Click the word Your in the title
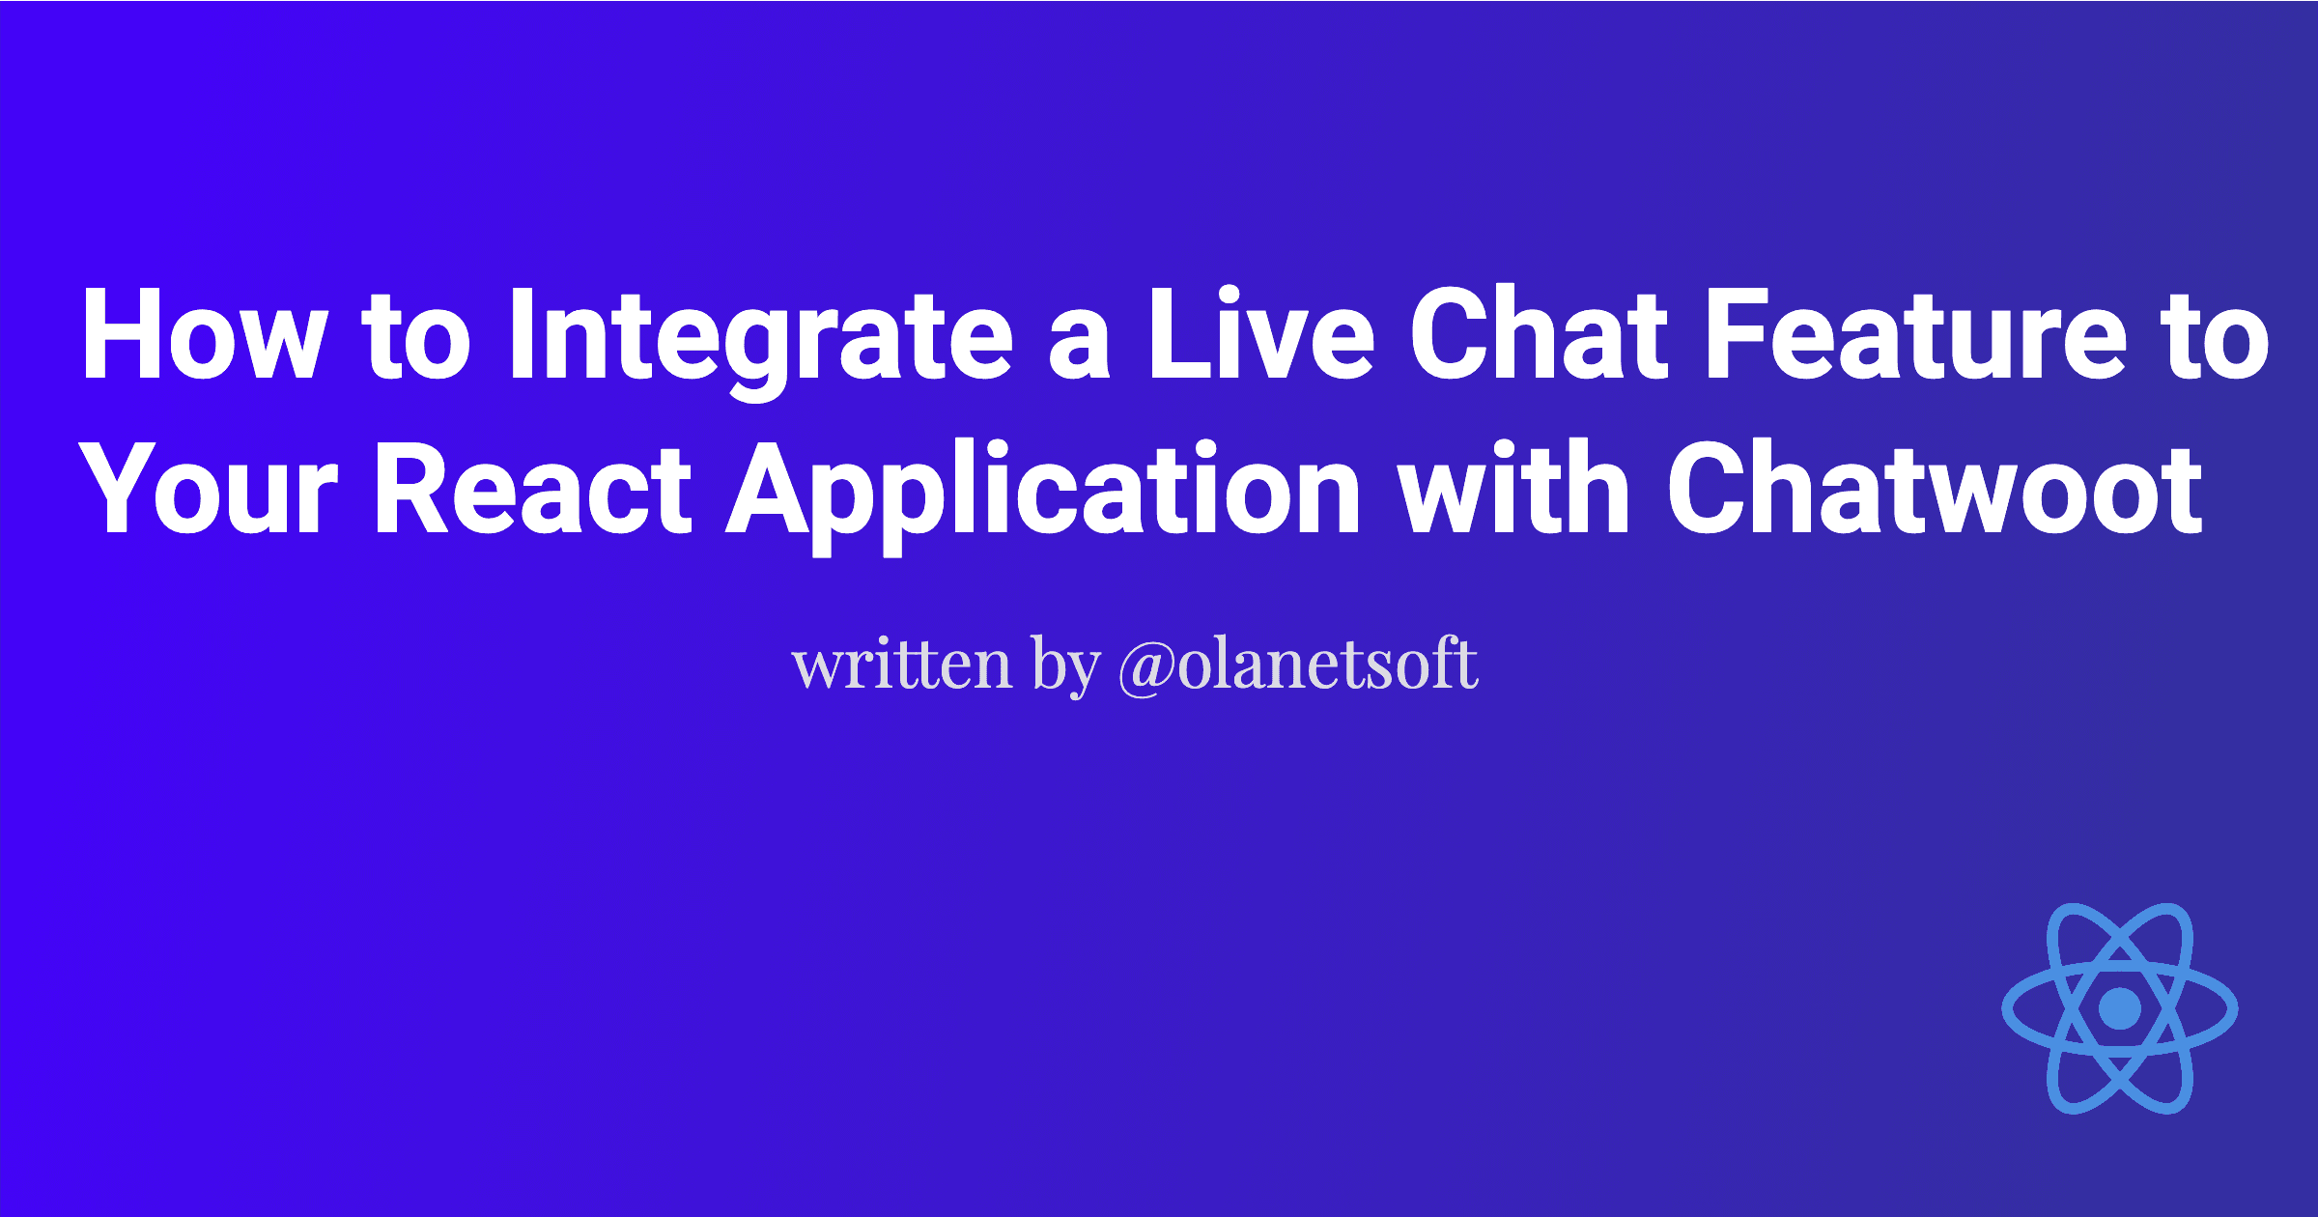point(208,490)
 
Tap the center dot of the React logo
point(2119,1008)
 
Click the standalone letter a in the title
point(1080,346)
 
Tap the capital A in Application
point(769,490)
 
